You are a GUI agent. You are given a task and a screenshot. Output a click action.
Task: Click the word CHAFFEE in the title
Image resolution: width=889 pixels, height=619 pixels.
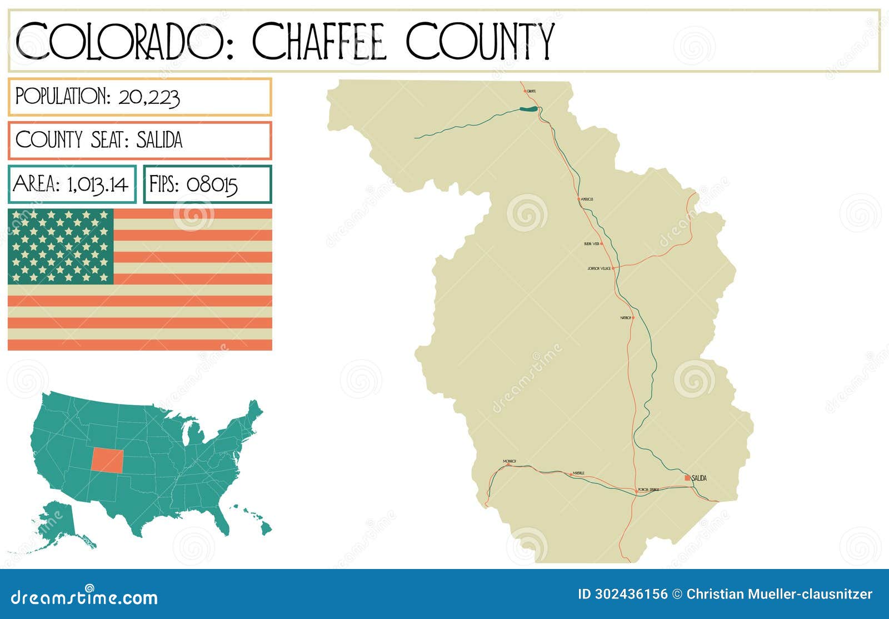(319, 42)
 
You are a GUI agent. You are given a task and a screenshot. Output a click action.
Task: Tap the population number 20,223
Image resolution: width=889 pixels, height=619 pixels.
(149, 97)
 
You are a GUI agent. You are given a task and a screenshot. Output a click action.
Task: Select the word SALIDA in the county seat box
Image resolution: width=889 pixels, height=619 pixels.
(159, 140)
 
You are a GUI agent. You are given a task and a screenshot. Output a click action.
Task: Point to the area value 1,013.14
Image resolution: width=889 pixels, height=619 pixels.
(98, 184)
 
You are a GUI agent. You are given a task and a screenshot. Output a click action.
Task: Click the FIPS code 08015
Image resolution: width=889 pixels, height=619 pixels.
(212, 184)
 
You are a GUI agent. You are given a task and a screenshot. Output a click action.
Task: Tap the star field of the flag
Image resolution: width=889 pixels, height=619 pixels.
(61, 246)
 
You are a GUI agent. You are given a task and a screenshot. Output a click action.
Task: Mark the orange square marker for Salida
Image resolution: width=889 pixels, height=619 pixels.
(687, 478)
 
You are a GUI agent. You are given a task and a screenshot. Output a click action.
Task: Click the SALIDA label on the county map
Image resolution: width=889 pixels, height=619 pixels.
(700, 478)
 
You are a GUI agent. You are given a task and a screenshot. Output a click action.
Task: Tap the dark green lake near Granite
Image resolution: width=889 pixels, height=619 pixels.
(529, 109)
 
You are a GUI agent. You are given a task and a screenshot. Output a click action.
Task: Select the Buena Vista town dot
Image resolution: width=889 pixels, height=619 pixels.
(602, 243)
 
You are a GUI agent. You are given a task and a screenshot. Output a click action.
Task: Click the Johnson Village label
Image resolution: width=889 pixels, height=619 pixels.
(598, 268)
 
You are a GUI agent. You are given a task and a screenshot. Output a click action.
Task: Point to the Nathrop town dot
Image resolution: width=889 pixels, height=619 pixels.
(633, 318)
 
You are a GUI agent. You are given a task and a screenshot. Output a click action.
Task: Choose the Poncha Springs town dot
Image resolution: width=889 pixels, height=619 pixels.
(636, 490)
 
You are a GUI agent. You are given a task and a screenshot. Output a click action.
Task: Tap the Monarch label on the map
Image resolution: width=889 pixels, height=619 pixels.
(510, 461)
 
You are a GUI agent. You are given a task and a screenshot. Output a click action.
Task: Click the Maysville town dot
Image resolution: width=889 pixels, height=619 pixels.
(571, 474)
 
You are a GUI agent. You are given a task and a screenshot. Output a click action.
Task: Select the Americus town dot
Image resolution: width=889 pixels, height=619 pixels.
(578, 199)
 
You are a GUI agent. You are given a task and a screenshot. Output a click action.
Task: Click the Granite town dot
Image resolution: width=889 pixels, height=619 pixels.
(525, 91)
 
